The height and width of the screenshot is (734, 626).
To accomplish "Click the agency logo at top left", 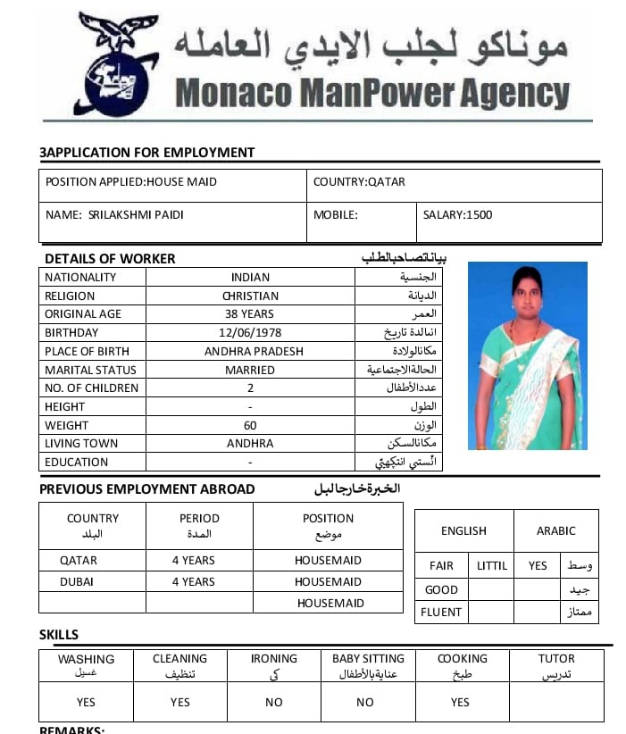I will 119,64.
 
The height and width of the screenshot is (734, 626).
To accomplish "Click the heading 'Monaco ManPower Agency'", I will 372,93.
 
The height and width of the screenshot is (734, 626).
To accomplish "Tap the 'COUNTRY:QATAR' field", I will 359,182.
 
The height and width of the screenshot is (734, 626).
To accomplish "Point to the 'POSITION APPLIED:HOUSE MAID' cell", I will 131,182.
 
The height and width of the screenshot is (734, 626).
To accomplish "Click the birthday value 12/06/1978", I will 250,333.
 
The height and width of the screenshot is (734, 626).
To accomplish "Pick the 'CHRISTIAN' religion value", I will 250,296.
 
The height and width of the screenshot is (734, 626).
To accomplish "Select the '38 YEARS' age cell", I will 250,314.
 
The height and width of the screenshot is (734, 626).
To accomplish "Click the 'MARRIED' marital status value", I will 250,370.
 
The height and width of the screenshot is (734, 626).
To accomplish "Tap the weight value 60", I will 250,426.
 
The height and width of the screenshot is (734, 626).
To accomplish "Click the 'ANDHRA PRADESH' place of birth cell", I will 254,352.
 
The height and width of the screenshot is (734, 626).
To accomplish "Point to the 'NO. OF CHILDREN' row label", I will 92,388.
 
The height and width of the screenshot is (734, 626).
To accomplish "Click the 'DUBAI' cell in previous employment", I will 78,581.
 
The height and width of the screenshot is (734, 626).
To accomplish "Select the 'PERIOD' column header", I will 199,519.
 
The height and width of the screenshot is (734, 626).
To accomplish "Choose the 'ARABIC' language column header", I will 555,530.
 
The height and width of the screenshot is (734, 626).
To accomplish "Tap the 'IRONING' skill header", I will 273,659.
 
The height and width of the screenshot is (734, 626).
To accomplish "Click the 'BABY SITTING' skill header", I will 368,659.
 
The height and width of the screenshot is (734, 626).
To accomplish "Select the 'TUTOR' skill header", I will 556,659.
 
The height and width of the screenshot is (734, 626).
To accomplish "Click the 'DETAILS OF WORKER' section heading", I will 110,259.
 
